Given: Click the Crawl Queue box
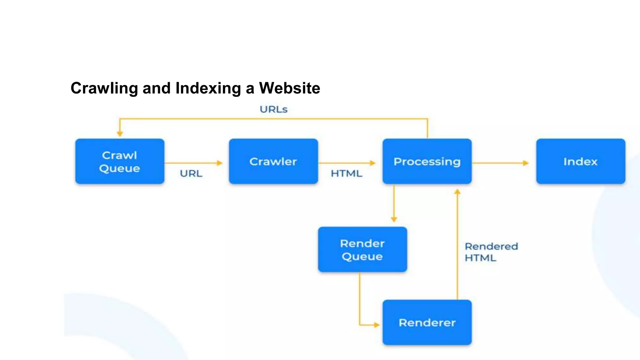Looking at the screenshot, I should tap(120, 161).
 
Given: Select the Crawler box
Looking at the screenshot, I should tap(273, 161).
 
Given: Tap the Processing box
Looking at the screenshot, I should tap(427, 161).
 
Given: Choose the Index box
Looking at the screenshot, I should tap(581, 161).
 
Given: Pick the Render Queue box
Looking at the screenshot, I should tap(362, 249).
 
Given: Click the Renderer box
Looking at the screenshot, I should tap(427, 322).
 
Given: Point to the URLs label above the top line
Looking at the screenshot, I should tap(273, 109).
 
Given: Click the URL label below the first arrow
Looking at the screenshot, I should tap(191, 173).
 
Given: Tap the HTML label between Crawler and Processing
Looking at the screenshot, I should tap(346, 173).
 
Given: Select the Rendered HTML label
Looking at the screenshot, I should tap(491, 252).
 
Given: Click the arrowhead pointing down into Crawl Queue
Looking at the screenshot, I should tap(120, 134).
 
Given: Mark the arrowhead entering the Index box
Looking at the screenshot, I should tap(526, 163).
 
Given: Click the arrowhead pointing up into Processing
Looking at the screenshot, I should tap(457, 192).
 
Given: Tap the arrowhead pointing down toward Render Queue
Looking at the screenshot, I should tap(394, 219).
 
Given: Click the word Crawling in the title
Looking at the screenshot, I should tap(104, 88).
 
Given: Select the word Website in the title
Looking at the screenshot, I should tap(289, 88).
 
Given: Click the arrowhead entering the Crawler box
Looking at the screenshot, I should tap(220, 163).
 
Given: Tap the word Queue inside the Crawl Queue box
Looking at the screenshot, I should tap(120, 168).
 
